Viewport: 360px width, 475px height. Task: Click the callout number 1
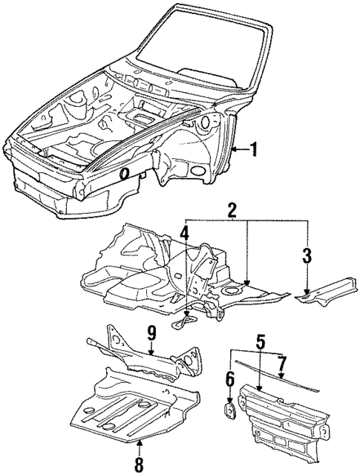tap(254, 151)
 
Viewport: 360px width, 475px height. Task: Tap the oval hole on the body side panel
tap(125, 174)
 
